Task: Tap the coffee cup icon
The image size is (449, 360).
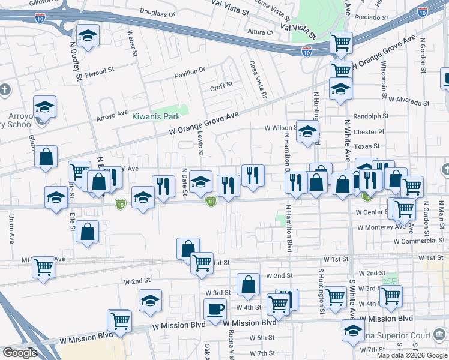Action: [215, 310]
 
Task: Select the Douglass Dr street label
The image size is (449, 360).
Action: [157, 12]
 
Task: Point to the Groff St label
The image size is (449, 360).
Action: [221, 86]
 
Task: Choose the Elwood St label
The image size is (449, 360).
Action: [99, 71]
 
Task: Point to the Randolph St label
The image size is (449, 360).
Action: [371, 116]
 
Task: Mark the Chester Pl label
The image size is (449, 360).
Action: [369, 131]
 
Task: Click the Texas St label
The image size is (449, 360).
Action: [367, 146]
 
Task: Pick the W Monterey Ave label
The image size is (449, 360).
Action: [381, 227]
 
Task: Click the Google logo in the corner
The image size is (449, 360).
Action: [20, 353]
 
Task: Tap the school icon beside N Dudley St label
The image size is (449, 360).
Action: [88, 37]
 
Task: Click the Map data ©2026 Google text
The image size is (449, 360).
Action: [412, 355]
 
